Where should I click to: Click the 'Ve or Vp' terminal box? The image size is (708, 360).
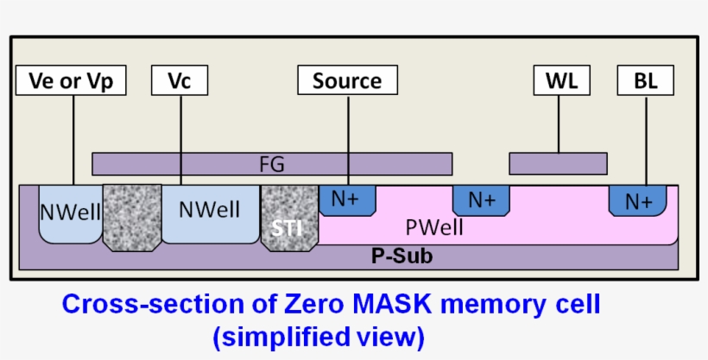[71, 81]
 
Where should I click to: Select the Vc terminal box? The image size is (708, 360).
[180, 81]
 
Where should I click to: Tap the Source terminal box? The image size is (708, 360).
[347, 81]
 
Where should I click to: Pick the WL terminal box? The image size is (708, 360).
[561, 81]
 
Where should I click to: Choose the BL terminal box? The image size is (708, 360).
[645, 81]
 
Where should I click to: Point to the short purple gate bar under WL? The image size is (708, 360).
[558, 163]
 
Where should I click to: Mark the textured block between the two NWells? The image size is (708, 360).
[131, 217]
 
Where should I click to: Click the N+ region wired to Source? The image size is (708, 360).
[347, 199]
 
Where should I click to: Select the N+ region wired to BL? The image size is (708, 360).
[638, 201]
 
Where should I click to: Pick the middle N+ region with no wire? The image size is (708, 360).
[481, 199]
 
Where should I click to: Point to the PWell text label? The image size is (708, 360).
[434, 229]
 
